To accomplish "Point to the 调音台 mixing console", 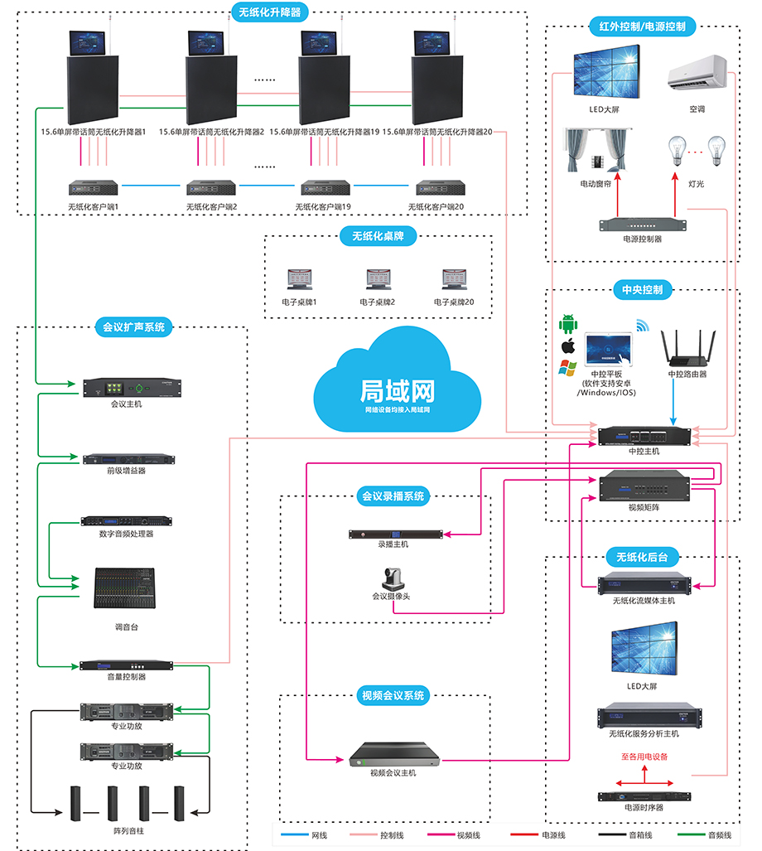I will (x=124, y=589).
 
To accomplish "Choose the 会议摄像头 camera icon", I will (x=391, y=578).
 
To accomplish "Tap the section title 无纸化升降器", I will (x=269, y=12).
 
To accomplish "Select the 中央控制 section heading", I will (x=642, y=290).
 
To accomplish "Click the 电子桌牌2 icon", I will (x=378, y=281).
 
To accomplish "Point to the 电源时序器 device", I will (x=644, y=796).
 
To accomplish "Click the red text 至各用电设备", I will (x=644, y=757).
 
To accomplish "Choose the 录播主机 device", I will (x=393, y=534).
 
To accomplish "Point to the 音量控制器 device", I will (x=126, y=665).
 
